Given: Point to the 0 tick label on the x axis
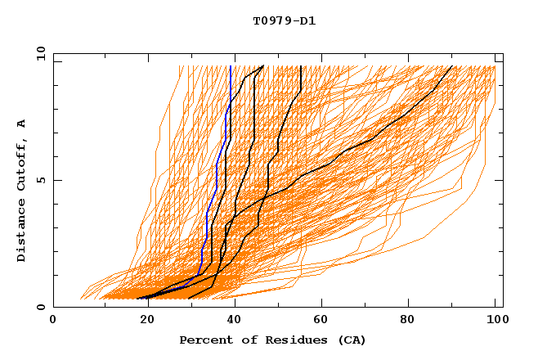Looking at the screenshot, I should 53,321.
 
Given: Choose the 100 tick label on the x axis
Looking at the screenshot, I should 495,321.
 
